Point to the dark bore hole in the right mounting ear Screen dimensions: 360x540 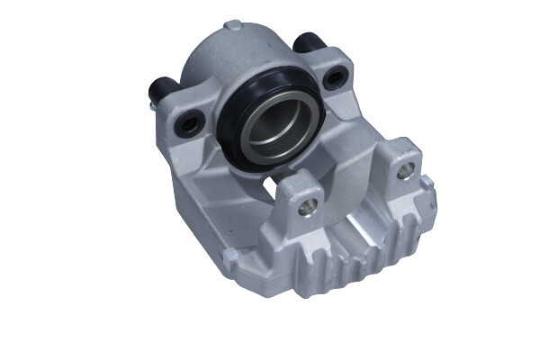click(338, 77)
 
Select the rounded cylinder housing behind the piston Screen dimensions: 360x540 click(225, 58)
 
